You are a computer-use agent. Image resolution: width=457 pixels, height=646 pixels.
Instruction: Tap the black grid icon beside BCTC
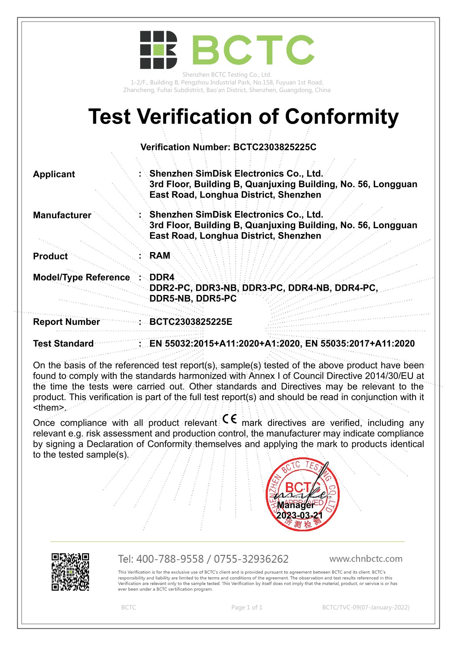(x=158, y=50)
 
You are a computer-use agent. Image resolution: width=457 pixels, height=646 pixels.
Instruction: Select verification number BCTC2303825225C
(x=275, y=147)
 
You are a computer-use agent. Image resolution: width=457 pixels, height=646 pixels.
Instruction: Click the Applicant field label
(x=54, y=174)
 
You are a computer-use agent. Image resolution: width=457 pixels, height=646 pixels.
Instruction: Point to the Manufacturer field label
(x=62, y=215)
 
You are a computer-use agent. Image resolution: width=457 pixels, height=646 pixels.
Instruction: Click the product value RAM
(x=160, y=256)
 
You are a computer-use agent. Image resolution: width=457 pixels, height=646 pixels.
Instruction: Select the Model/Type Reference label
(x=81, y=277)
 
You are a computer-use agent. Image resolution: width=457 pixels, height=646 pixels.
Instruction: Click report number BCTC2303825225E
(x=191, y=322)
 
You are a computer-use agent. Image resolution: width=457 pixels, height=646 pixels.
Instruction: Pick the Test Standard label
(x=63, y=344)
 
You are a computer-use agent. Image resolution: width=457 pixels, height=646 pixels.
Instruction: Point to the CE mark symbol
(x=229, y=419)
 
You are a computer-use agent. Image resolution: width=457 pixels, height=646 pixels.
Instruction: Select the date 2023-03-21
(x=300, y=515)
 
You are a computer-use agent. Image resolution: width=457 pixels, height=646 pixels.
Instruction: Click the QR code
(x=71, y=572)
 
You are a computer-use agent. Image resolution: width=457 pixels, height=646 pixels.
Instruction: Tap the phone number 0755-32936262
(x=251, y=559)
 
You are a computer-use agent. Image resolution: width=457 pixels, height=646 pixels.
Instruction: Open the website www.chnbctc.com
(x=366, y=559)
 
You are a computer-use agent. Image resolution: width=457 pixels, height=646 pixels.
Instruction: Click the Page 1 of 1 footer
(x=247, y=607)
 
